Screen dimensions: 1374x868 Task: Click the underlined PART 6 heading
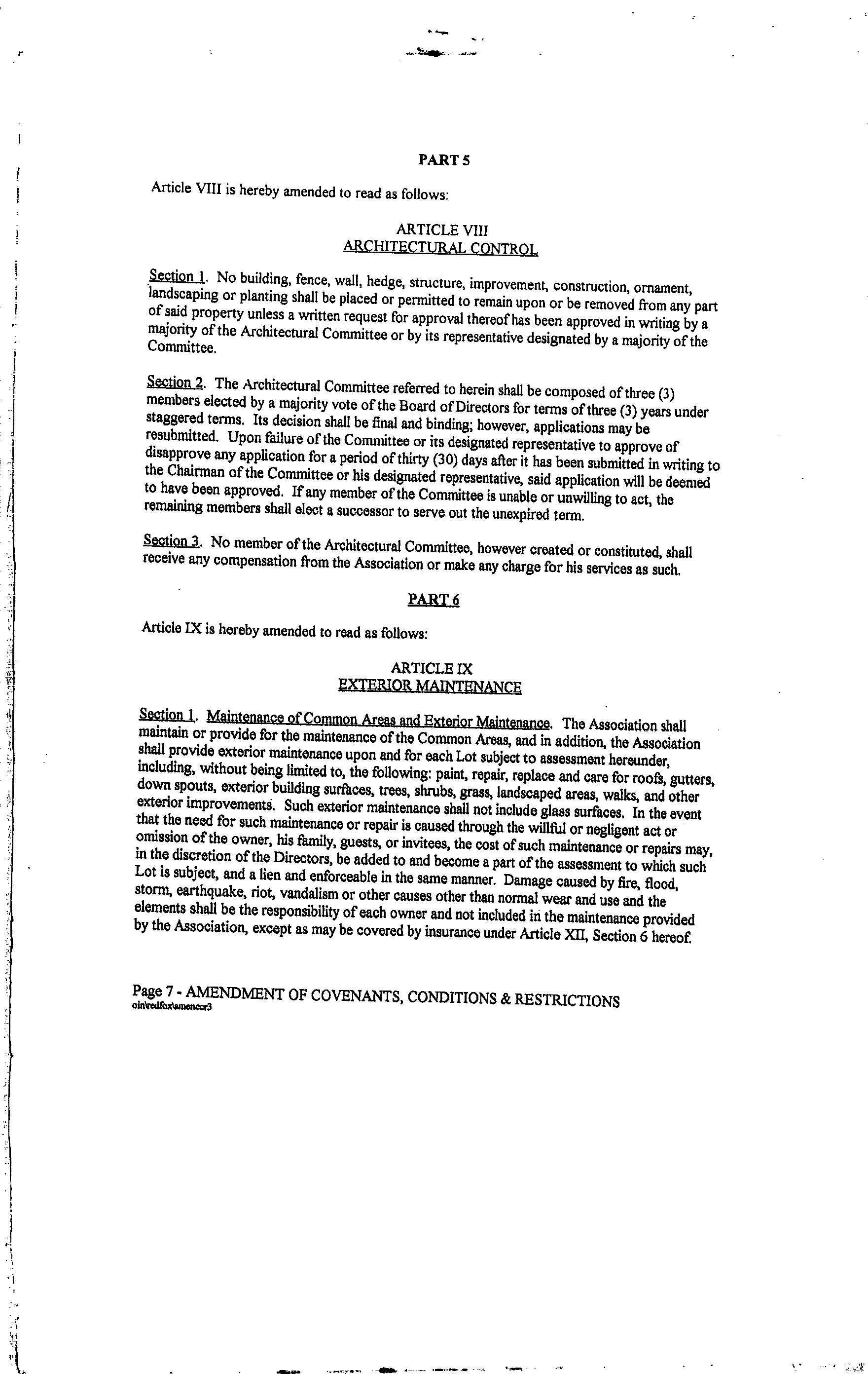pyautogui.click(x=434, y=600)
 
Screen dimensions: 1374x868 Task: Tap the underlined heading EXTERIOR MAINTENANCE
pyautogui.click(x=430, y=686)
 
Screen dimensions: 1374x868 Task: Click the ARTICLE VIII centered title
pyautogui.click(x=442, y=229)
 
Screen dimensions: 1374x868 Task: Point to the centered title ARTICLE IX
pyautogui.click(x=432, y=668)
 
